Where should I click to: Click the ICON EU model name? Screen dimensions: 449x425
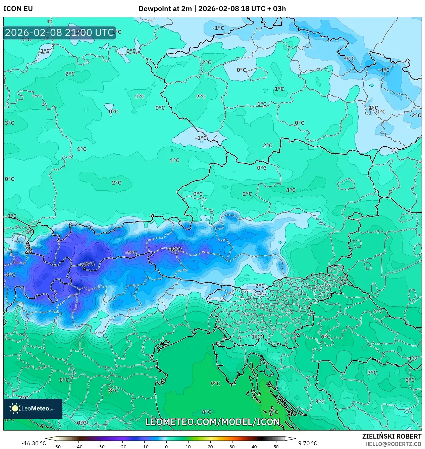point(18,9)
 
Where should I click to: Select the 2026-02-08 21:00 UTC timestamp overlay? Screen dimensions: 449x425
point(59,33)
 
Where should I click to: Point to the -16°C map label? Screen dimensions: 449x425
point(88,264)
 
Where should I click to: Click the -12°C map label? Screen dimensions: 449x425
point(175,249)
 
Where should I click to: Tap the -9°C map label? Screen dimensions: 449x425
point(131,253)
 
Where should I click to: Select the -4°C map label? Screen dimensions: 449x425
point(384,70)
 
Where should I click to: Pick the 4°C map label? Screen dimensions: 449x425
point(413,358)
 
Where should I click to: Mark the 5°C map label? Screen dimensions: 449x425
point(410,380)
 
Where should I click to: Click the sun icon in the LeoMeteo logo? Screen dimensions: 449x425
point(15,408)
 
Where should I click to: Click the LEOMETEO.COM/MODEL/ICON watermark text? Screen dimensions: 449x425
point(212,422)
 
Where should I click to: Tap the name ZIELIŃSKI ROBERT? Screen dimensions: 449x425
point(391,436)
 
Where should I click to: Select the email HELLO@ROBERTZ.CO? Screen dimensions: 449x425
point(393,444)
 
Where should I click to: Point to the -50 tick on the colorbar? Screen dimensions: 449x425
point(57,446)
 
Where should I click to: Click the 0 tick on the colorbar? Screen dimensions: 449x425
point(166,446)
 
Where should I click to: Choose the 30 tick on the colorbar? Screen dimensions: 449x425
point(232,446)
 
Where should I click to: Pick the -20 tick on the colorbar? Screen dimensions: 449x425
point(122,446)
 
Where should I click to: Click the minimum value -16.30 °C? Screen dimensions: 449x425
point(34,443)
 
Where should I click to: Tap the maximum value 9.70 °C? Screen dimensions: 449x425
point(308,443)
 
